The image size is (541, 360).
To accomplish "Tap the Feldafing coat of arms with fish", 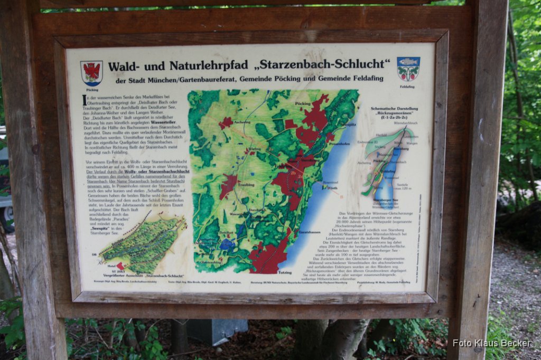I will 408,69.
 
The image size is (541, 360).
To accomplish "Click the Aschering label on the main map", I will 241,122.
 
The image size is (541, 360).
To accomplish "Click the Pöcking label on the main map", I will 303,103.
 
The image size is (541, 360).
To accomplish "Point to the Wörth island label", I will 332,188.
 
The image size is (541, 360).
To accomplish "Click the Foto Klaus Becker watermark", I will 491,343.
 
